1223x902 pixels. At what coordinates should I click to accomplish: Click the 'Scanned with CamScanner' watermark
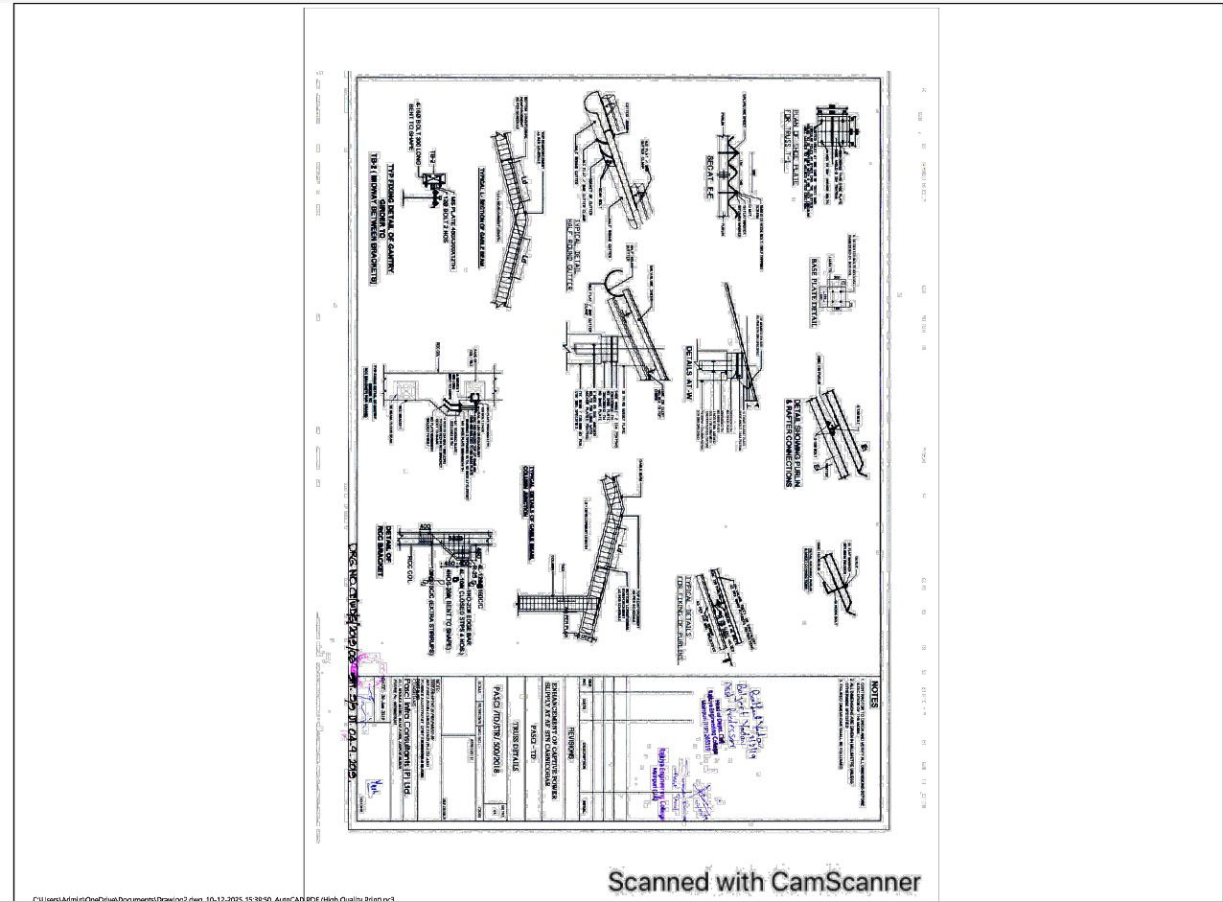tap(765, 881)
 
